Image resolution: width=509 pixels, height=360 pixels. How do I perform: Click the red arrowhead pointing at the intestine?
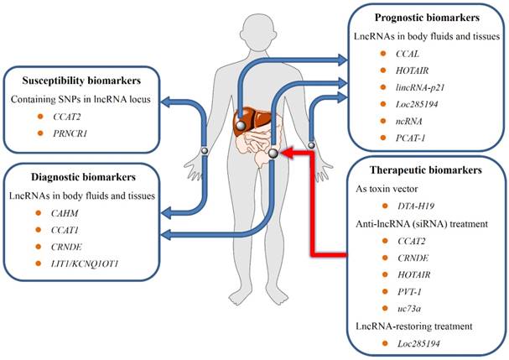pyautogui.click(x=288, y=153)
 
